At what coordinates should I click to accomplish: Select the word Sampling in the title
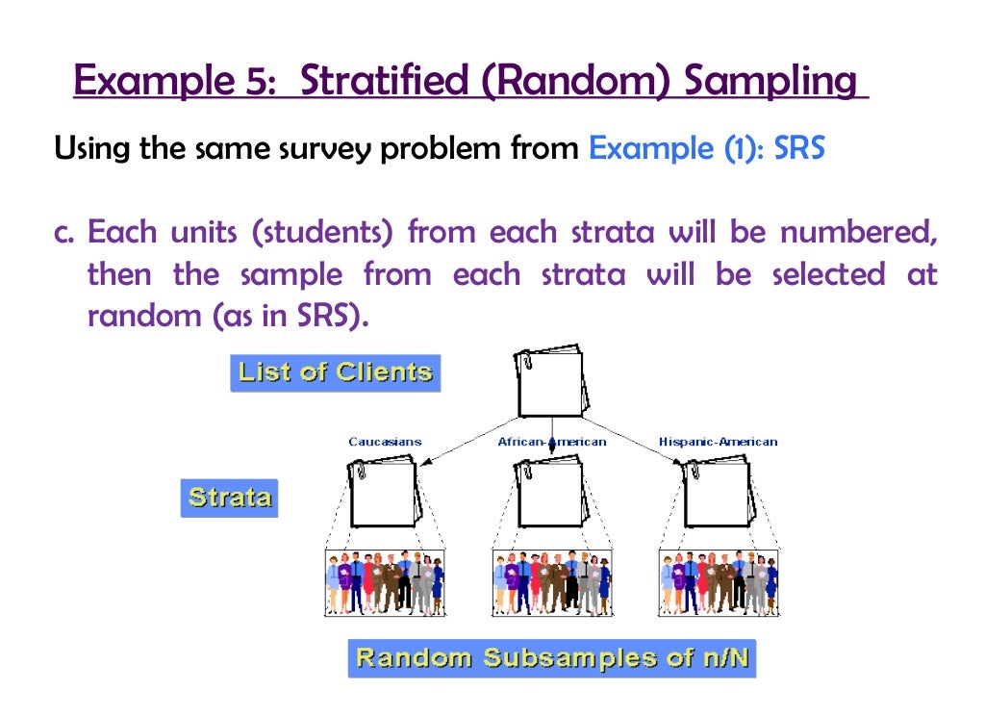click(x=770, y=80)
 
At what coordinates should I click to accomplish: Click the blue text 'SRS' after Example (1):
click(x=799, y=149)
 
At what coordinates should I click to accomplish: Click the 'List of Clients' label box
click(x=335, y=372)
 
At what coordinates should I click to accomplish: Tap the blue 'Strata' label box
click(x=229, y=498)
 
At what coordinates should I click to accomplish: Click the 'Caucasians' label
click(x=385, y=442)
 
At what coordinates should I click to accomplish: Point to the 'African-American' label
click(x=552, y=442)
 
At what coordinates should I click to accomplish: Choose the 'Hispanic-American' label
click(x=718, y=442)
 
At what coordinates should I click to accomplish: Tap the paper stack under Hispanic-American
click(x=717, y=493)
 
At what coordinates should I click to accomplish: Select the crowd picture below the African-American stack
click(x=551, y=582)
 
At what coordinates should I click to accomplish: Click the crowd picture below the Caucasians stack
click(x=385, y=582)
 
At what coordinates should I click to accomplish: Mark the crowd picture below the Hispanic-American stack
click(x=718, y=582)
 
